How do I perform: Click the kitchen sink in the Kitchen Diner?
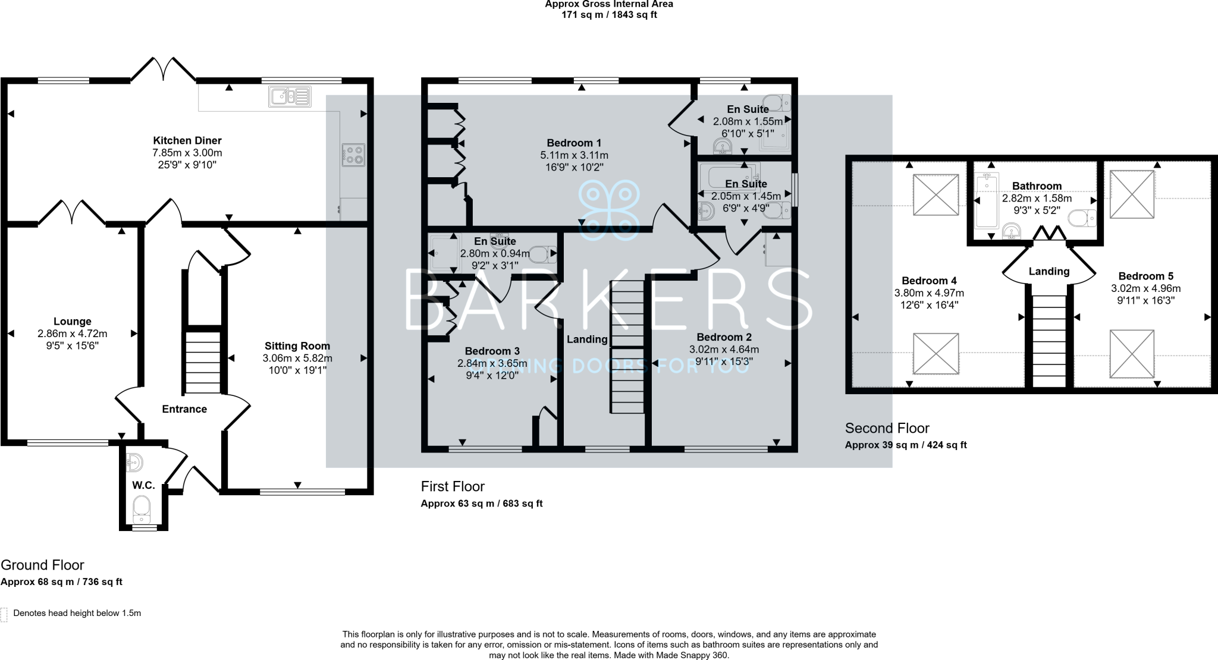pyautogui.click(x=290, y=96)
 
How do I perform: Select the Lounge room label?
pyautogui.click(x=73, y=322)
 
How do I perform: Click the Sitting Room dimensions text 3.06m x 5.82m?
pyautogui.click(x=297, y=359)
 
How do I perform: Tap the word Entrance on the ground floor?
pyautogui.click(x=184, y=409)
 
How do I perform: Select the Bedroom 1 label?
pyautogui.click(x=574, y=143)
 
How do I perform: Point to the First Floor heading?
pyautogui.click(x=453, y=486)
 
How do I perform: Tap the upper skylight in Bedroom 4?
pyautogui.click(x=936, y=194)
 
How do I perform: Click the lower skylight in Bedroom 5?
pyautogui.click(x=1132, y=353)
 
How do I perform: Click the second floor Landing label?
pyautogui.click(x=1049, y=271)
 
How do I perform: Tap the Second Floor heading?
pyautogui.click(x=887, y=428)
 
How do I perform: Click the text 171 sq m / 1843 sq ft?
pyautogui.click(x=609, y=15)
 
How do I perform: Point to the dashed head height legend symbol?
pyautogui.click(x=4, y=614)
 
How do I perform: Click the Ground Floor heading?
pyautogui.click(x=42, y=565)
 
